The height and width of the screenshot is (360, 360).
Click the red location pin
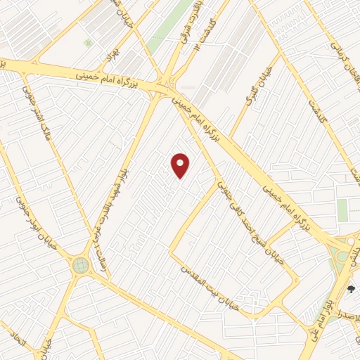181,165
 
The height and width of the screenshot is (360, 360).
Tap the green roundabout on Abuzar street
81,266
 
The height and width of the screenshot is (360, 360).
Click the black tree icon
352,289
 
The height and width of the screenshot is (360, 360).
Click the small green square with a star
88,43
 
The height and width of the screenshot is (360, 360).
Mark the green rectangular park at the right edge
342,210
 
